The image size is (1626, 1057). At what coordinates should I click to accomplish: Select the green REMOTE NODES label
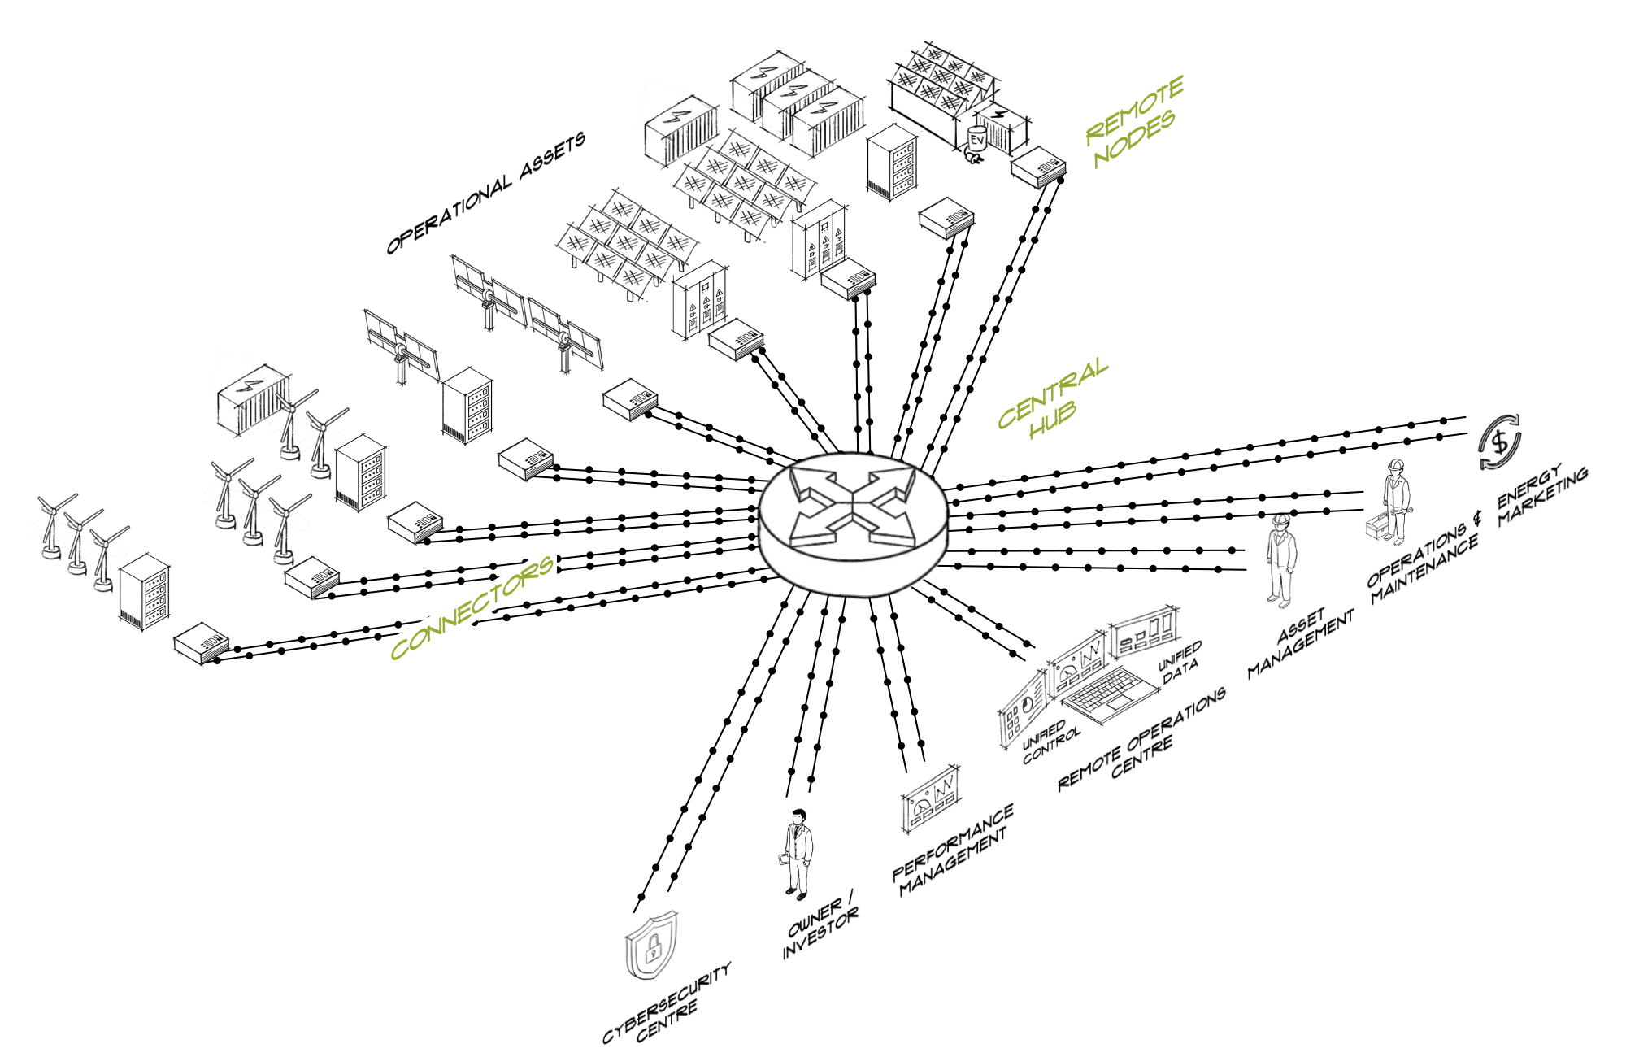(1135, 122)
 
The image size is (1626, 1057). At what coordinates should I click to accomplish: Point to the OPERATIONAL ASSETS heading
(485, 194)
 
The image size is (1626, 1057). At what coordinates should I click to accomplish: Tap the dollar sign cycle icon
(1499, 442)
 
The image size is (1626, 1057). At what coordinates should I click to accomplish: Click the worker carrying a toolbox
(1393, 504)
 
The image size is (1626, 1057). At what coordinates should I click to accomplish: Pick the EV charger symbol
(976, 143)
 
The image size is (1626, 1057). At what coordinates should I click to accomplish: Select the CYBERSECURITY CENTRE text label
(667, 1004)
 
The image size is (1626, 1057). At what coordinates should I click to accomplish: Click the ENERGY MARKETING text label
(1542, 496)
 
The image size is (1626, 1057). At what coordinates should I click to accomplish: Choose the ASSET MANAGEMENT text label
(1301, 642)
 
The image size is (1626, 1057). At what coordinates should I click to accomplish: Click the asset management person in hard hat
(1280, 561)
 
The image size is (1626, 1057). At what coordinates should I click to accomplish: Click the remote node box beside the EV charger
(1038, 167)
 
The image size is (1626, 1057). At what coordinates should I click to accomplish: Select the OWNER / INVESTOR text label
(820, 928)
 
